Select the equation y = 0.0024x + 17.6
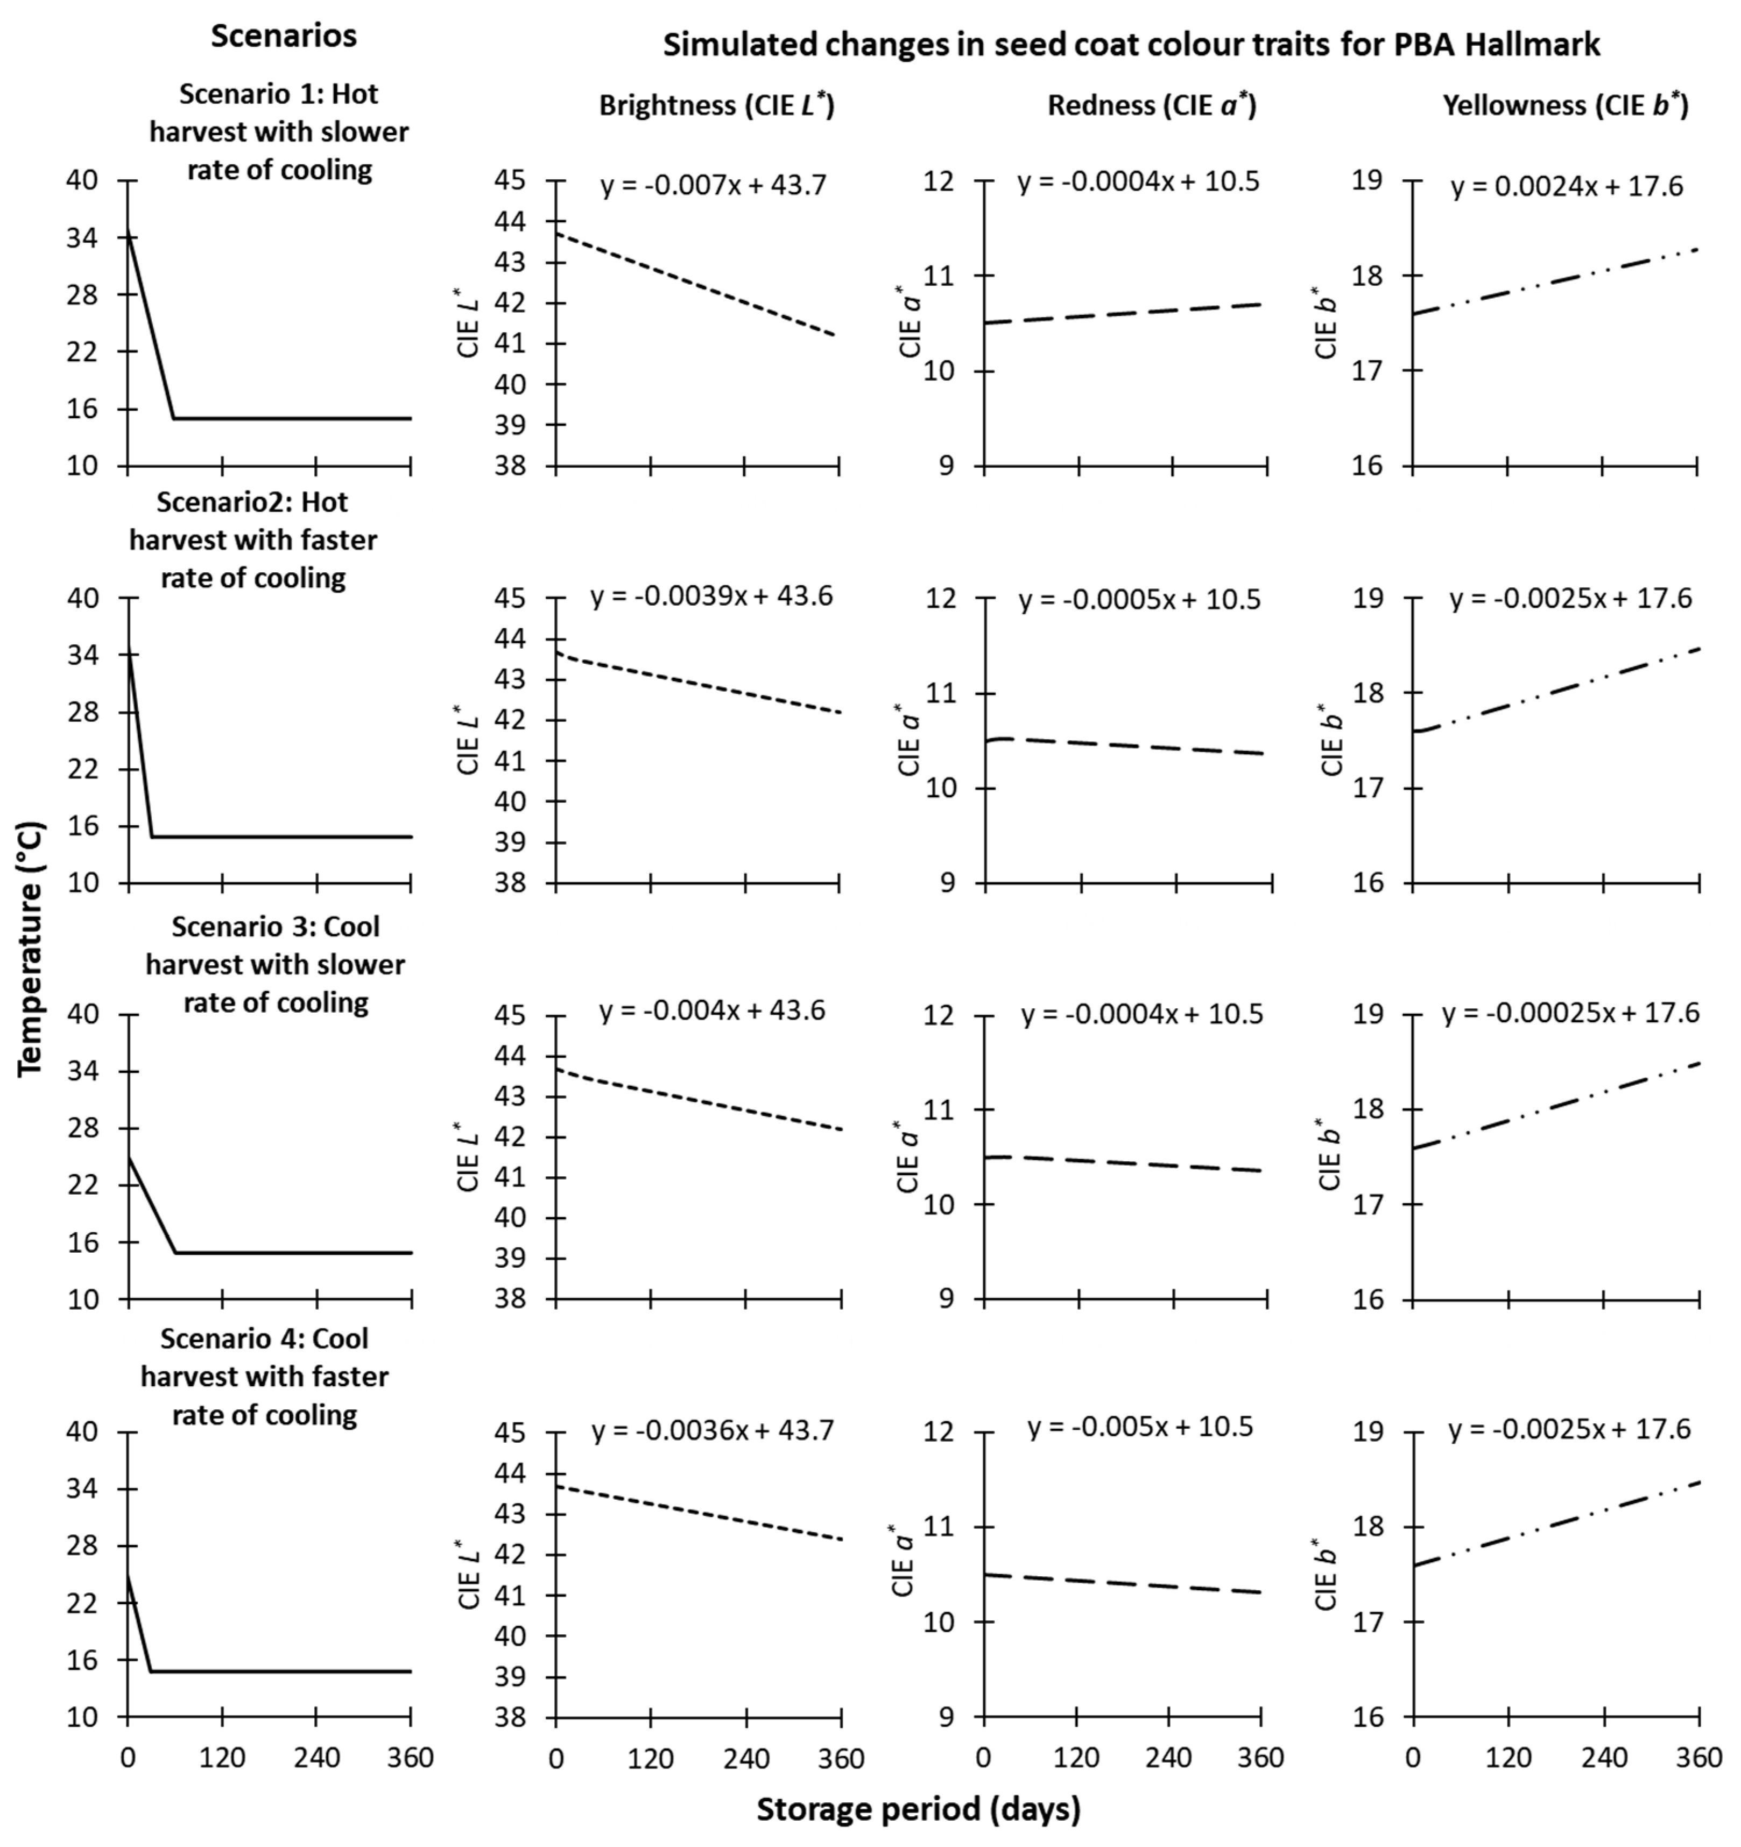click(x=1566, y=187)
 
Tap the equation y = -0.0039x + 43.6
click(x=711, y=596)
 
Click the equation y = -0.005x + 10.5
click(x=1140, y=1426)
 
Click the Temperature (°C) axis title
click(x=31, y=947)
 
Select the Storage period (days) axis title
click(x=918, y=1808)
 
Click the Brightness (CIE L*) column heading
click(x=716, y=105)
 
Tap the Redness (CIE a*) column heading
click(x=1151, y=105)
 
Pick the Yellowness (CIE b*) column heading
click(x=1564, y=105)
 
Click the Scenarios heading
click(x=284, y=36)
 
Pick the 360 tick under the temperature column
click(x=411, y=1758)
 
